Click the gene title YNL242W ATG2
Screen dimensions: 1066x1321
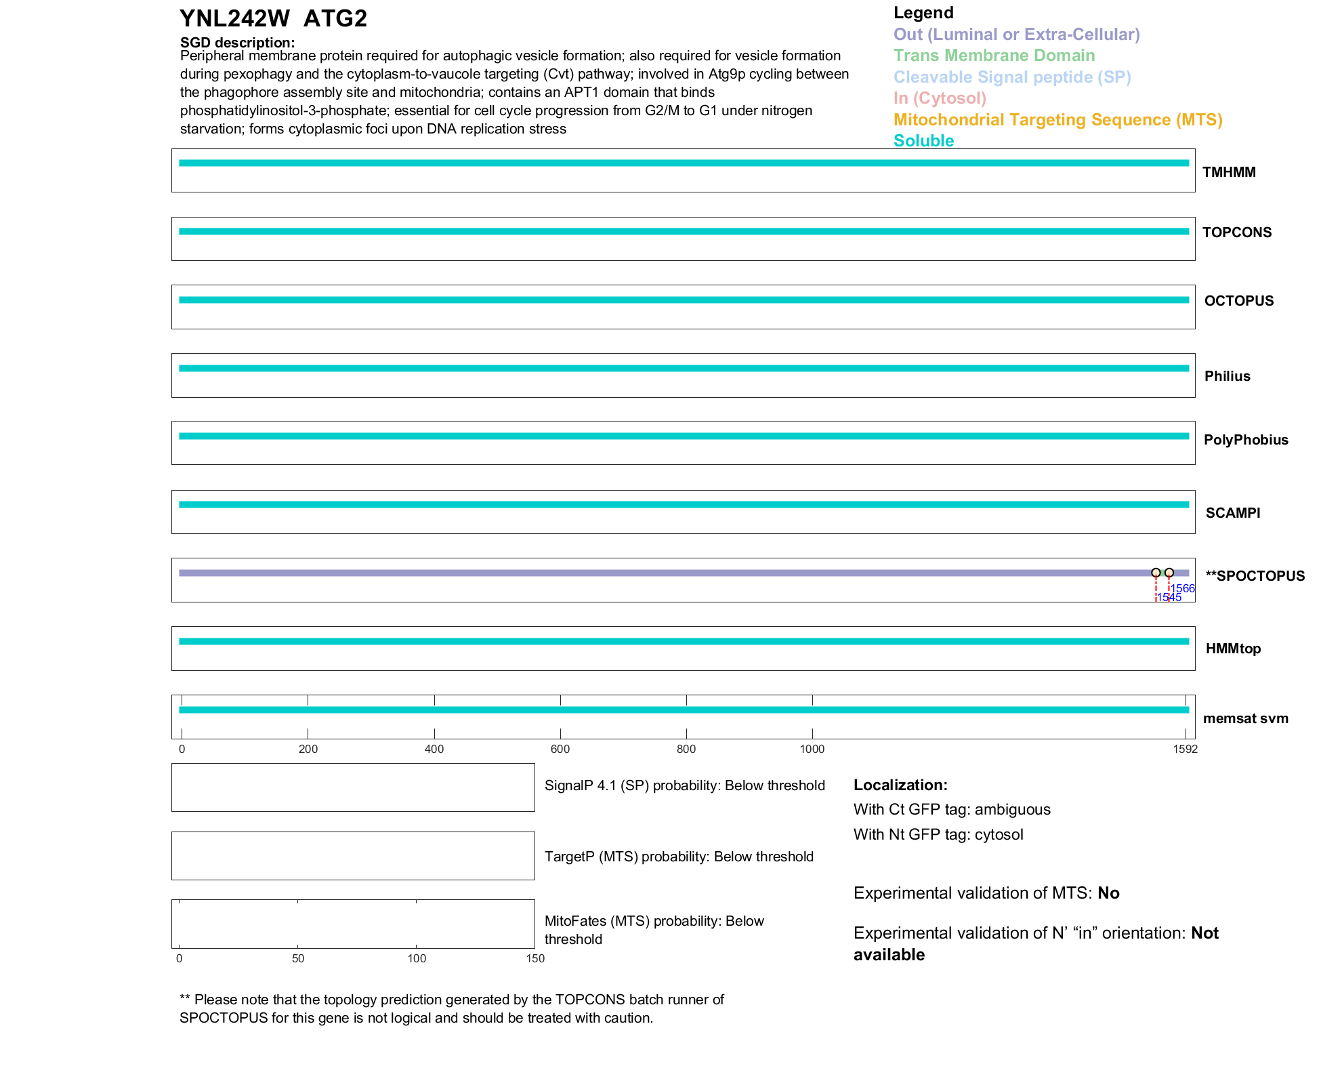point(273,18)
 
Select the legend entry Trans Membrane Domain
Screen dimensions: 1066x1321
point(994,56)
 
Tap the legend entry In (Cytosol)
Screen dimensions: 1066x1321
point(940,98)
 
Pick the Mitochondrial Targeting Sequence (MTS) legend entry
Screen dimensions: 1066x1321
point(1057,120)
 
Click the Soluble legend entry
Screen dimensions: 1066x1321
point(923,141)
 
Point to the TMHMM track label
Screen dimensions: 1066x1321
point(1229,172)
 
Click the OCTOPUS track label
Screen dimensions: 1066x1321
point(1238,301)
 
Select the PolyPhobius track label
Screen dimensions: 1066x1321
point(1246,440)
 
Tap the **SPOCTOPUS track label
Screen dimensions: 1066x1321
point(1255,576)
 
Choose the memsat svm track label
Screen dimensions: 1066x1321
point(1245,718)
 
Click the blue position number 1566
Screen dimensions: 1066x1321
point(1183,588)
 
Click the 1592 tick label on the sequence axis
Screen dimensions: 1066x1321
point(1185,749)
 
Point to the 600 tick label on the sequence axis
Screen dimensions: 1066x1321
point(560,749)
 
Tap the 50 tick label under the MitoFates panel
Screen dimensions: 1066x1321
point(298,958)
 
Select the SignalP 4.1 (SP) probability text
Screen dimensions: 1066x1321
point(684,785)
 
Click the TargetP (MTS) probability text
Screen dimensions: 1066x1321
point(679,857)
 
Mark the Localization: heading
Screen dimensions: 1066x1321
point(900,785)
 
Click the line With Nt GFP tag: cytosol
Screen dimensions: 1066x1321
point(938,834)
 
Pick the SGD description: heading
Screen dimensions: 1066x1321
point(237,43)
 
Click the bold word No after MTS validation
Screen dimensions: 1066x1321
point(1108,893)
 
